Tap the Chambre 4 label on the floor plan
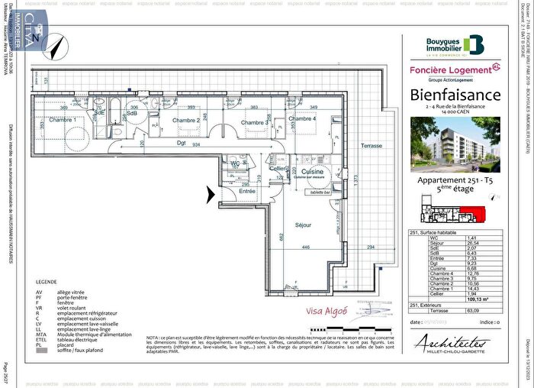click(302, 119)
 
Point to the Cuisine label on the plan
click(313, 173)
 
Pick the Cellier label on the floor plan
click(278, 169)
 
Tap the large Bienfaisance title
click(456, 95)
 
